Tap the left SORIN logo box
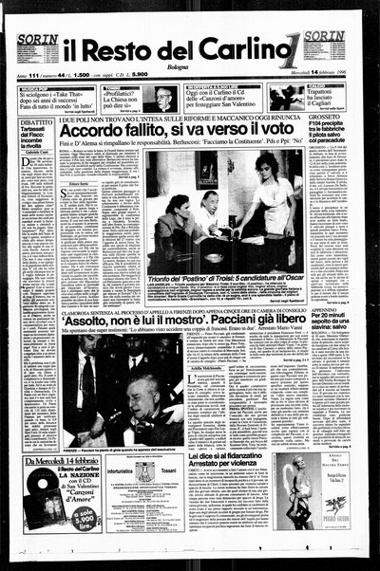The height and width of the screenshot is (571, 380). point(38,42)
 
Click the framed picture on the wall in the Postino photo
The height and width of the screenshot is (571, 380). point(206,169)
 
